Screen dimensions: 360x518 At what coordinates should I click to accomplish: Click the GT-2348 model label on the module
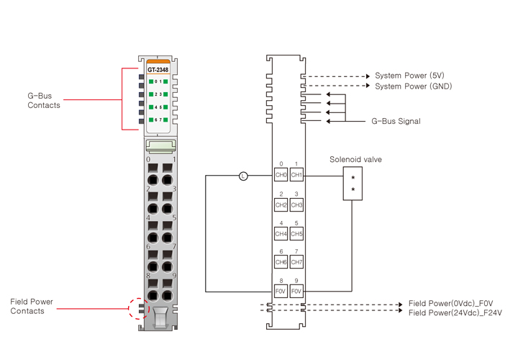(158, 70)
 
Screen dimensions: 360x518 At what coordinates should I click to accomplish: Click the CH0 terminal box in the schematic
(281, 175)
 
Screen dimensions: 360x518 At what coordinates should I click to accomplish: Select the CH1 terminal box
(296, 175)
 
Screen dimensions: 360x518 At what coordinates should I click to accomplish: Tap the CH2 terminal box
(281, 205)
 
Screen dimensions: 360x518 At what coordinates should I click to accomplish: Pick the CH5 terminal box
(296, 234)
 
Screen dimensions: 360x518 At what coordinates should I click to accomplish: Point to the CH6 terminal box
(281, 263)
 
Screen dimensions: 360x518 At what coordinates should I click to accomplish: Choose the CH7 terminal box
(296, 263)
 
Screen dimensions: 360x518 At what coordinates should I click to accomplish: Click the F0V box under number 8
(281, 292)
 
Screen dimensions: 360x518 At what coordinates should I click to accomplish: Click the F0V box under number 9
(296, 292)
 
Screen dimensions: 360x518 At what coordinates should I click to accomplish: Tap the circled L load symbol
(243, 176)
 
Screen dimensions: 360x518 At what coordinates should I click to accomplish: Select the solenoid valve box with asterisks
(353, 184)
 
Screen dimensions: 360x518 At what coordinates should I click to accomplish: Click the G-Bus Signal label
(396, 122)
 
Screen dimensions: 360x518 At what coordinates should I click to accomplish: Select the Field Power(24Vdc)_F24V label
(455, 313)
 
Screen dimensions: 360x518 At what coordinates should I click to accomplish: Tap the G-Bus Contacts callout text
(44, 101)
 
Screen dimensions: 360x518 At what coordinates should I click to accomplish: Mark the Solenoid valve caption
(355, 159)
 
